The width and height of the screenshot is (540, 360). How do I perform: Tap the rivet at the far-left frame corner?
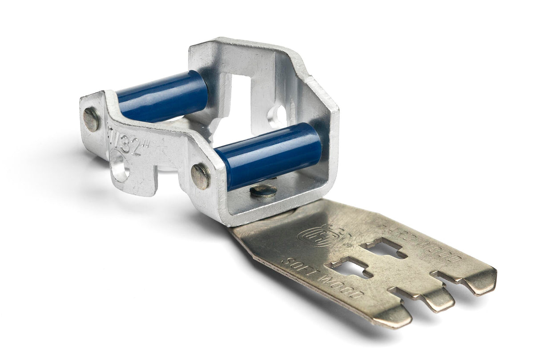(91, 119)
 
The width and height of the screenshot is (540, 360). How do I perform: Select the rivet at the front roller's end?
(201, 176)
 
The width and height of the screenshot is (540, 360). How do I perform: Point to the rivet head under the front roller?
(263, 191)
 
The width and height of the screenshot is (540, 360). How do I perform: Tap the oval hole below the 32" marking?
(120, 166)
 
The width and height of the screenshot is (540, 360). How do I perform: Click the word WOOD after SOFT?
(343, 287)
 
